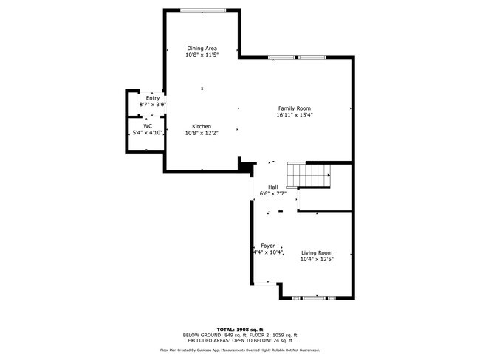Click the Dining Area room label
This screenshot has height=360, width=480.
click(x=201, y=49)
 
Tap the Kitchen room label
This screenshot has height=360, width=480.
click(x=202, y=126)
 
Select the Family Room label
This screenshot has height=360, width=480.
click(x=295, y=108)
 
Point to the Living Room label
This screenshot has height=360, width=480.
click(x=316, y=253)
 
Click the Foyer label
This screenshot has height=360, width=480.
click(x=267, y=245)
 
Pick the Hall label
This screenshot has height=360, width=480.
click(x=272, y=187)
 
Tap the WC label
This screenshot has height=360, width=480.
click(x=148, y=126)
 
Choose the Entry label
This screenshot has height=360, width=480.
click(x=153, y=98)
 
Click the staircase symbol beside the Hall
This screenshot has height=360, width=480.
click(x=308, y=176)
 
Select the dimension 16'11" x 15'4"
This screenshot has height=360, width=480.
click(x=295, y=114)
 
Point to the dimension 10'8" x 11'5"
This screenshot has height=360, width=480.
click(x=201, y=55)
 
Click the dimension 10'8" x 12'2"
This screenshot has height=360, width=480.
click(x=202, y=133)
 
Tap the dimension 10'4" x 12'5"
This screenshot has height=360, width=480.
click(x=316, y=260)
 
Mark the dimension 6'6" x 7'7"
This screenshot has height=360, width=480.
click(x=272, y=194)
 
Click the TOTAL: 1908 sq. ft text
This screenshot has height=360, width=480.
click(x=239, y=329)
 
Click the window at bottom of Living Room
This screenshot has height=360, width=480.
click(x=314, y=297)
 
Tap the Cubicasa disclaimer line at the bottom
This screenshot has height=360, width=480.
click(x=239, y=350)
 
